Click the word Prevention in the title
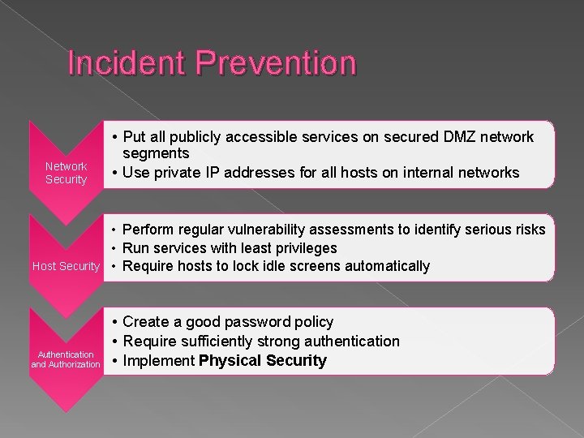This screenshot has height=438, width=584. (x=277, y=63)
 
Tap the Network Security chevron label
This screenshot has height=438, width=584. (x=67, y=173)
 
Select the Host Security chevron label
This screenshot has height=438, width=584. (x=65, y=266)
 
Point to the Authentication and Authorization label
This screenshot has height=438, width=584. (x=66, y=359)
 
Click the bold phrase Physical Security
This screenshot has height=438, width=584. (x=263, y=361)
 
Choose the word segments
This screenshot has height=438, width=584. (x=156, y=153)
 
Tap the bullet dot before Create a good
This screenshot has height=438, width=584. (x=116, y=322)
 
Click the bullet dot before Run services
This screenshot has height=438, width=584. (x=116, y=248)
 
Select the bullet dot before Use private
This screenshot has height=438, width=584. (x=116, y=173)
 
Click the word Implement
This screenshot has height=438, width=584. (x=159, y=361)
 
